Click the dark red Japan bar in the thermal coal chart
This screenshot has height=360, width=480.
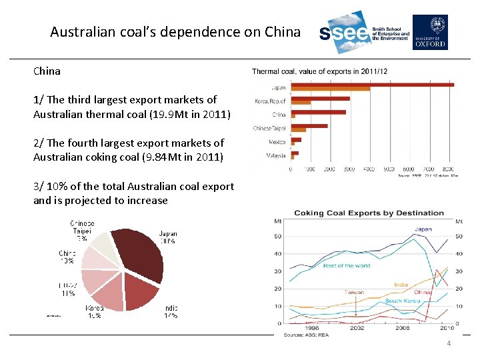tap(372, 85)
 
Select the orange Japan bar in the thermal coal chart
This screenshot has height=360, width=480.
tap(331, 89)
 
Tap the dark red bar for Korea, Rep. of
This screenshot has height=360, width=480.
tap(321, 99)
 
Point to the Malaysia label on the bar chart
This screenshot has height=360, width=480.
tap(275, 155)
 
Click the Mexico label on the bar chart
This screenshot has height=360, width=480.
tap(277, 141)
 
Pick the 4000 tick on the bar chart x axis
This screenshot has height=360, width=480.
tap(369, 169)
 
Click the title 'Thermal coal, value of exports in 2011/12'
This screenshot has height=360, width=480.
tap(319, 71)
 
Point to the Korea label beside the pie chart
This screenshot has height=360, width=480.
tap(94, 308)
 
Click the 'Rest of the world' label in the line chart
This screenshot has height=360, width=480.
tap(347, 266)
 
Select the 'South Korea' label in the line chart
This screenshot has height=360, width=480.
tap(403, 301)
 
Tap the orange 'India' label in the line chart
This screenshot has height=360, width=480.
tap(401, 285)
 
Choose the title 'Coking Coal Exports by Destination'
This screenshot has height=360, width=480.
tap(369, 213)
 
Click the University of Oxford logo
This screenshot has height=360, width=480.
tap(430, 32)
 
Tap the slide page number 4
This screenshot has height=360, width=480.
tap(449, 343)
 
